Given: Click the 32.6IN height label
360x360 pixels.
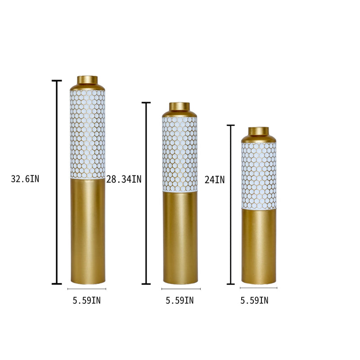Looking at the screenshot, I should click(x=25, y=179).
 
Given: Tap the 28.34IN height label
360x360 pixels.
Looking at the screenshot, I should click(x=124, y=180).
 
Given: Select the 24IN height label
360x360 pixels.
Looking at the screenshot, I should click(x=214, y=180).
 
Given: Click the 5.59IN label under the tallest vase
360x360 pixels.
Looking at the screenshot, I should click(x=87, y=301).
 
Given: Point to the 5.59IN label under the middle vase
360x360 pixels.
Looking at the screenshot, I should click(x=180, y=301).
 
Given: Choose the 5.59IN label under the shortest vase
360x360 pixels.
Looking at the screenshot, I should click(x=254, y=301).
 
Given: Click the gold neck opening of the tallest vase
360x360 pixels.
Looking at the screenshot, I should click(x=87, y=80).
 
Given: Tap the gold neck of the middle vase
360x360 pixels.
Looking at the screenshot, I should click(x=180, y=107).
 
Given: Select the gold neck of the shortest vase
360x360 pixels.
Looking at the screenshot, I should click(x=258, y=131).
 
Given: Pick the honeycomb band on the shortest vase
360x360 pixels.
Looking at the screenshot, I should click(x=259, y=175).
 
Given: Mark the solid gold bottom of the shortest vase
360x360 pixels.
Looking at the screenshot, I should click(x=259, y=247).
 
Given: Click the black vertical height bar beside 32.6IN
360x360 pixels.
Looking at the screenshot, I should click(x=57, y=182).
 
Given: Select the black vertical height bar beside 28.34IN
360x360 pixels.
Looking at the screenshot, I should click(x=146, y=193).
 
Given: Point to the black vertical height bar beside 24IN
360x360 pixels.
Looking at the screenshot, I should click(x=231, y=205).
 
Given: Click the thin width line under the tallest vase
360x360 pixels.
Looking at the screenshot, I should click(x=87, y=289).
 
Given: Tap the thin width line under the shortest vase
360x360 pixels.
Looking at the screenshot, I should click(x=259, y=288).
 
